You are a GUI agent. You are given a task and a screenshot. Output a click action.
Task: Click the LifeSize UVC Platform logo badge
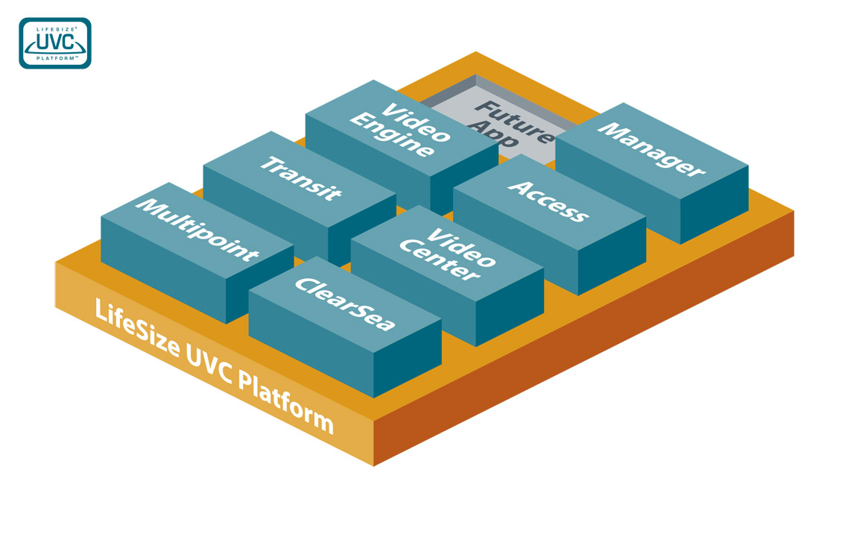coord(55,43)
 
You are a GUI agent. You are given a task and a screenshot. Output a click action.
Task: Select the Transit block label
coord(300,178)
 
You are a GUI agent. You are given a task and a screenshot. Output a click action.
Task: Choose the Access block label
coord(548,200)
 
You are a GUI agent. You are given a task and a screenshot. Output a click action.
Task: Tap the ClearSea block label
coord(344,304)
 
